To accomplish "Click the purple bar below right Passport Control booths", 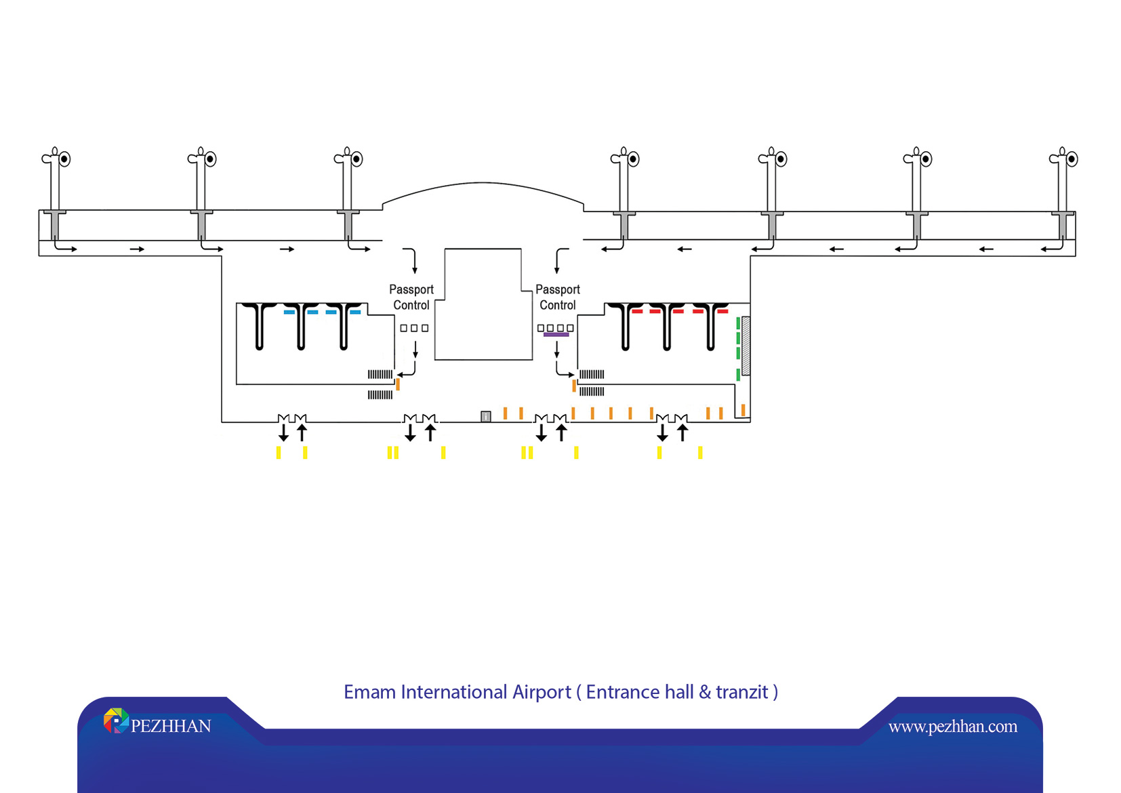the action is coord(556,335).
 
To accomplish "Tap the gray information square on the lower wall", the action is coord(485,416).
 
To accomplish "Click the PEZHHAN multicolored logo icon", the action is coord(116,720).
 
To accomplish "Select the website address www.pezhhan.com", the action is coord(952,727).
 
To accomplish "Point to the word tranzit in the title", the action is coord(742,692).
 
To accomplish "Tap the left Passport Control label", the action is coord(411,297).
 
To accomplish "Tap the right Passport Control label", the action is coord(558,297).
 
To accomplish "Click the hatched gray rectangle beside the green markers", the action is coord(746,346).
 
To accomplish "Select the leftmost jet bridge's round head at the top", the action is coord(64,159).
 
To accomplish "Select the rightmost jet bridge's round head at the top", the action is coord(1072,159).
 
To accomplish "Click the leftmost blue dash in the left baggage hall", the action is coord(289,312).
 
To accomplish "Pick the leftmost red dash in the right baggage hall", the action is coord(637,311).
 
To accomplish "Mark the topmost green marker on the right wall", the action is coord(738,323).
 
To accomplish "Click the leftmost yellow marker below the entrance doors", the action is coord(279,453).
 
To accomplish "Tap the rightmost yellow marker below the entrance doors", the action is coord(700,453).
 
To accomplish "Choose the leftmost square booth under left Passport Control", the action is coord(403,328).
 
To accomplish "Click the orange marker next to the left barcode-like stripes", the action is coord(398,384).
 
